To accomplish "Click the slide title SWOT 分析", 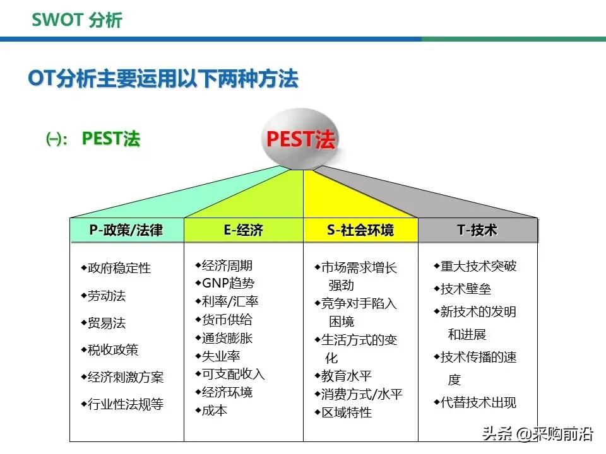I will (77, 20).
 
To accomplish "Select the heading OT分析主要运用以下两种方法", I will (163, 79).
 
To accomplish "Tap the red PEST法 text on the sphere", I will (300, 139).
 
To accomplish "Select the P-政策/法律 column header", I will (126, 231).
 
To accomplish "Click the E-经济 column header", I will (243, 231).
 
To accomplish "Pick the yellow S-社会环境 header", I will (360, 231).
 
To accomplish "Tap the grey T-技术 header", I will (477, 231).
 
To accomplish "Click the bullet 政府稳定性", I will (119, 268).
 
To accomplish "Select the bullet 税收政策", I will (113, 350).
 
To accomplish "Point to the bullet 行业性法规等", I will (126, 404).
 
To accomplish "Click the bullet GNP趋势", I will (228, 283).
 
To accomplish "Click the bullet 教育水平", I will (347, 376).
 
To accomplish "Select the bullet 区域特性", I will (347, 412).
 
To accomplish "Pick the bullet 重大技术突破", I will (478, 266).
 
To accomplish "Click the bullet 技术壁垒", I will (465, 289).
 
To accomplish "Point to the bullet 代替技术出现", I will (478, 402).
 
